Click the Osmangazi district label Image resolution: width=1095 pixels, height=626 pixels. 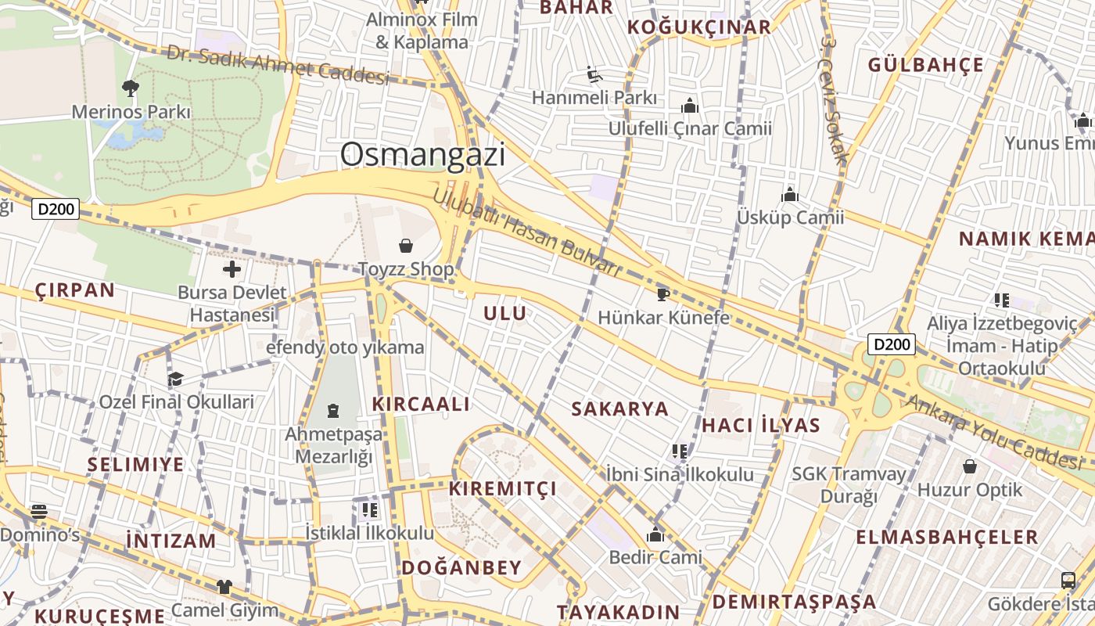[x=422, y=155]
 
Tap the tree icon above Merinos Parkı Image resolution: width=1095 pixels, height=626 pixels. [x=131, y=88]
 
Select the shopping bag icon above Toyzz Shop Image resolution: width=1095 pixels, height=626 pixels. [x=406, y=246]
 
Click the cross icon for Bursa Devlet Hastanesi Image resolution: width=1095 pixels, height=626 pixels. [x=232, y=270]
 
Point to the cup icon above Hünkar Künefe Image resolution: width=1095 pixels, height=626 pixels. [x=663, y=294]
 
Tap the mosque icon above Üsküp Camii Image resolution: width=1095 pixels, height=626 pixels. [x=790, y=195]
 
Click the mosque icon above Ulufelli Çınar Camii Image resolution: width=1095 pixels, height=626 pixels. [x=690, y=106]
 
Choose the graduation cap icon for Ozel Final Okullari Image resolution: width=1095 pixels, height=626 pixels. [x=176, y=380]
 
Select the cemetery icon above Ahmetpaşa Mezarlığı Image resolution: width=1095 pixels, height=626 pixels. [x=334, y=410]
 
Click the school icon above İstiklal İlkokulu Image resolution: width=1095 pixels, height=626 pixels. [x=369, y=510]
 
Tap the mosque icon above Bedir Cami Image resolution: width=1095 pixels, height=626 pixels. [x=655, y=535]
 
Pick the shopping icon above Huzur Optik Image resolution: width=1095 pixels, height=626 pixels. [x=970, y=467]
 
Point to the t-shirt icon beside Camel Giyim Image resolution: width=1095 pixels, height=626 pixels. [x=224, y=586]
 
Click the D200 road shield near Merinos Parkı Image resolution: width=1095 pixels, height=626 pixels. [x=56, y=209]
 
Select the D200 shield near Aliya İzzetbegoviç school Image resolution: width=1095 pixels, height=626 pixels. [x=892, y=344]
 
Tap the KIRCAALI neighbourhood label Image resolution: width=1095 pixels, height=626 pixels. [x=421, y=405]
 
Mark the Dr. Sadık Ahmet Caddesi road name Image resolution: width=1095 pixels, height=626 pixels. [x=278, y=65]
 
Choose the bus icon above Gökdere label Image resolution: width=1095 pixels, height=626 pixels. [x=1068, y=581]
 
